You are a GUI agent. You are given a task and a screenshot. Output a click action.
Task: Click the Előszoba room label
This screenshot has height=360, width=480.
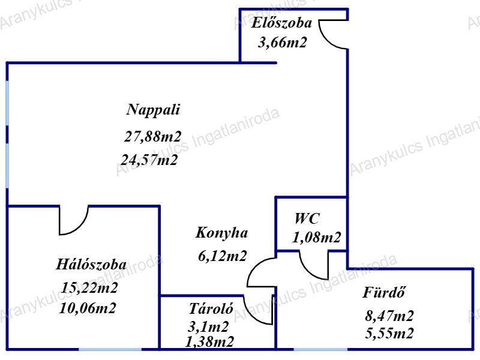pos(282,24)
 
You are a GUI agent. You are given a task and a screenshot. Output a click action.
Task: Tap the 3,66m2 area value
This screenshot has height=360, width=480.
pos(282,43)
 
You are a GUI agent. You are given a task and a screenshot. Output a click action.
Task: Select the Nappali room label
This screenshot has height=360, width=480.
pos(154,110)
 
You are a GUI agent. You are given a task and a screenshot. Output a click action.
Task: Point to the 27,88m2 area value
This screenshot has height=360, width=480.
pos(152,136)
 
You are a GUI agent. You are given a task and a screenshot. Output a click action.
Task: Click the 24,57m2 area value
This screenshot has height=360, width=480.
pos(149,160)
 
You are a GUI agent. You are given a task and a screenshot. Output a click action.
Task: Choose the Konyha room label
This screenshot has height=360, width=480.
pos(221,232)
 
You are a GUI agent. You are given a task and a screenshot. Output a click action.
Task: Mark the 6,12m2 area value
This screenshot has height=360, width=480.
pos(222,256)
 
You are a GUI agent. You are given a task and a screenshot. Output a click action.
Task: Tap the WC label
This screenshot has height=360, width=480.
pos(307,218)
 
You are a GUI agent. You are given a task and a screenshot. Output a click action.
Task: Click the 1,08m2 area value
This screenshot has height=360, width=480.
pos(316,238)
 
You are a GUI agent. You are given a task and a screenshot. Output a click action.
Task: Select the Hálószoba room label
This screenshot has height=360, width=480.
pos(91,265)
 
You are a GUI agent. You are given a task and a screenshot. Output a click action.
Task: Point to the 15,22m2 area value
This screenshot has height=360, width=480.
pos(89,288)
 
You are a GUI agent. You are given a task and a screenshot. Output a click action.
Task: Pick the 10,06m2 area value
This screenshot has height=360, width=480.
pos(88,309)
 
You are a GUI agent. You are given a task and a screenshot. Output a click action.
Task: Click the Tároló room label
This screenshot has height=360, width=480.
pos(211,310)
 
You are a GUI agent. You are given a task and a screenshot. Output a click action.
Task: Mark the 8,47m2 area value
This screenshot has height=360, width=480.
pos(389,316)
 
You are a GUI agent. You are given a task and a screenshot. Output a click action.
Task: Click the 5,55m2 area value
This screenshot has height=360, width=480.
pos(389,334)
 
